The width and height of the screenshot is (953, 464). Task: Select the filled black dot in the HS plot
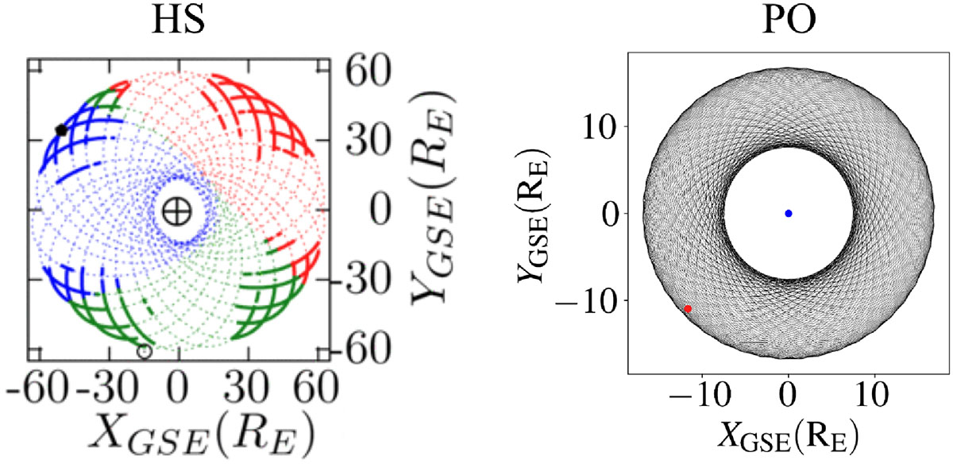tap(61, 130)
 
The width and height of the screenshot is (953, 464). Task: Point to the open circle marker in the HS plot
tap(144, 351)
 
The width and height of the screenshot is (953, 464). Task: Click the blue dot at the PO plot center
tap(788, 213)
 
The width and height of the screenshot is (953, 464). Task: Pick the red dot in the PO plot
tap(688, 308)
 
